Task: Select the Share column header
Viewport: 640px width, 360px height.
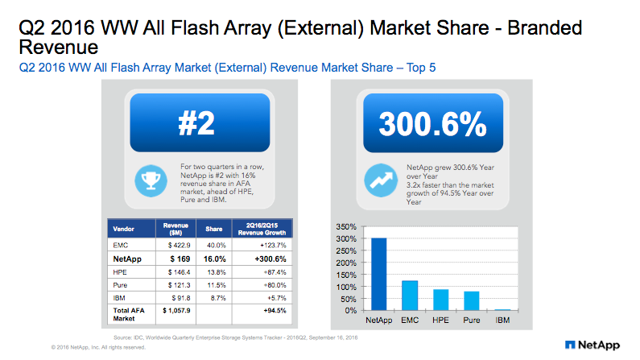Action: point(214,227)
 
